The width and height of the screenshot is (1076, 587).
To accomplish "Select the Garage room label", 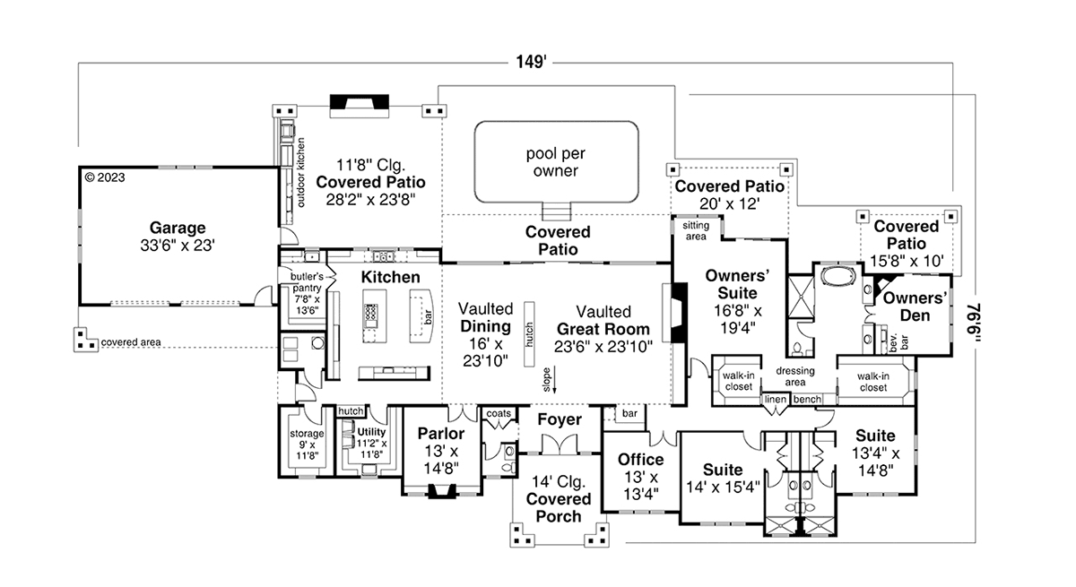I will [x=178, y=228].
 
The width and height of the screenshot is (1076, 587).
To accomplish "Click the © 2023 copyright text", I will [x=104, y=177].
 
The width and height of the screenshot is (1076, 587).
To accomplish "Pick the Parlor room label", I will [x=441, y=434].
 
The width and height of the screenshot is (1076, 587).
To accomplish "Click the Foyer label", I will [x=560, y=419].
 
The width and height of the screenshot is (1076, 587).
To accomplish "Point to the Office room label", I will [x=641, y=460].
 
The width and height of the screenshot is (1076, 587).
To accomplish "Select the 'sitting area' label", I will [x=697, y=230].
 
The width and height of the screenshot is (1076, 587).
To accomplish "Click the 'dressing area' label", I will [x=795, y=376].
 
